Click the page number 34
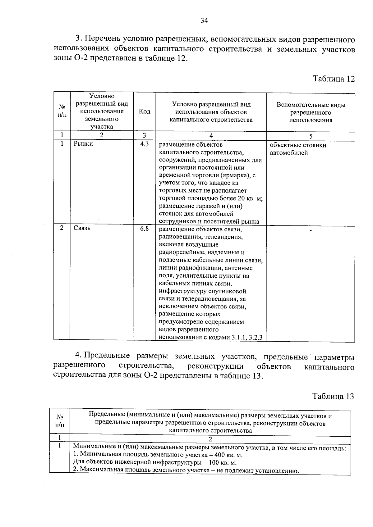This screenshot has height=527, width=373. coord(204,21)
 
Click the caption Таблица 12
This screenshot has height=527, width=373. coord(334,79)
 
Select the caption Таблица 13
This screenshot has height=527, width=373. coord(333,397)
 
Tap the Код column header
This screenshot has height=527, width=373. coord(145,111)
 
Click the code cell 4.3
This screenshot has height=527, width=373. coord(145,144)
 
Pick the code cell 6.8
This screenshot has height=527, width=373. coord(145,229)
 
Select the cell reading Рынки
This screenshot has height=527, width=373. coord(83,144)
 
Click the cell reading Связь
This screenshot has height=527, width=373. coord(82,228)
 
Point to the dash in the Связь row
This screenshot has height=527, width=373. coord(310,230)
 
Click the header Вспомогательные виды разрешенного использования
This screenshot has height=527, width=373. coord(311,112)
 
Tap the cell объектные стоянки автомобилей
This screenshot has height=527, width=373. coord(298,149)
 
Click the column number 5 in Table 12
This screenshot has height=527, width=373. coord(311,136)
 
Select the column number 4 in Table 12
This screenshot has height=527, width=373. coord(211,135)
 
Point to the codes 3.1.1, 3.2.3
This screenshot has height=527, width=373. coord(247,338)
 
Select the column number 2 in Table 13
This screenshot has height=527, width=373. coord(210,439)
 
